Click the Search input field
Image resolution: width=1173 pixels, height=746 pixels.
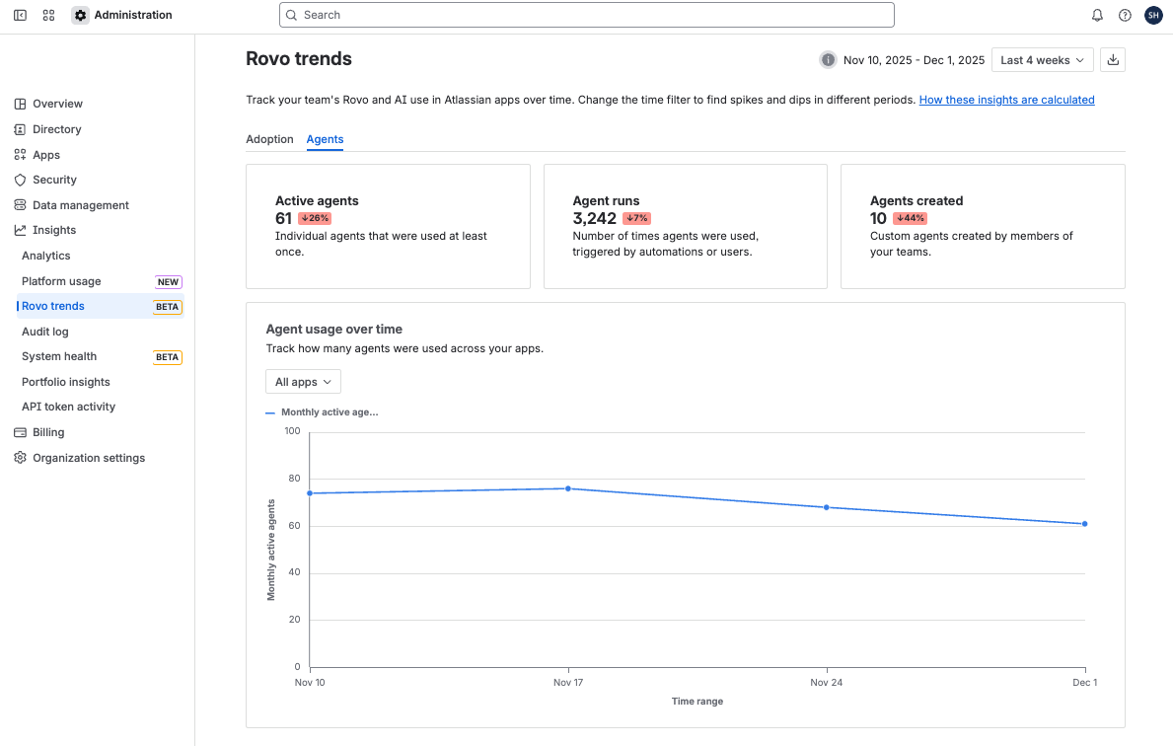click(587, 15)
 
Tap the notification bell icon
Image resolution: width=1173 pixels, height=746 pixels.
click(1097, 15)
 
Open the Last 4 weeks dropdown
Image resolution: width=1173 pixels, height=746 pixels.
click(1042, 60)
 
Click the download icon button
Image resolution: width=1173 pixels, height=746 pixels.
click(1113, 60)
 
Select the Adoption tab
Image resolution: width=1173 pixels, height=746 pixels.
click(269, 139)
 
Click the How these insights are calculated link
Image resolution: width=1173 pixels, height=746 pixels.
click(1006, 100)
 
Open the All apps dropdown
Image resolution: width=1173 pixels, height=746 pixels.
click(303, 382)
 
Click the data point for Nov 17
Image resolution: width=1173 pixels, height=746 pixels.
click(568, 488)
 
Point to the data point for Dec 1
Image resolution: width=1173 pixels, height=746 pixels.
click(1084, 524)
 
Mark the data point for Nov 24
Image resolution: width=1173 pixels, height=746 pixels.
click(827, 507)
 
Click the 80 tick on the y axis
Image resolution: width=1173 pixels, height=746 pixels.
click(292, 479)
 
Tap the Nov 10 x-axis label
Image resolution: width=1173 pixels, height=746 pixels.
click(310, 683)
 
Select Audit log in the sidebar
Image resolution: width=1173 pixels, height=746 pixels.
click(45, 332)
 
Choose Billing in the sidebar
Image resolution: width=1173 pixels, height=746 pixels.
click(48, 432)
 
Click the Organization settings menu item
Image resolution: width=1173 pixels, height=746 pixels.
click(89, 458)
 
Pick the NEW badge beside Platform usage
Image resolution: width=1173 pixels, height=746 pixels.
click(168, 282)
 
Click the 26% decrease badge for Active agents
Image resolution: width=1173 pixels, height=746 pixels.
click(315, 218)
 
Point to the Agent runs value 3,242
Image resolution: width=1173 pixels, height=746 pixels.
click(594, 218)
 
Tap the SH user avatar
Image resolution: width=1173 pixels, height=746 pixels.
click(1153, 15)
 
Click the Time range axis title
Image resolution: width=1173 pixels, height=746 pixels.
click(697, 702)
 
